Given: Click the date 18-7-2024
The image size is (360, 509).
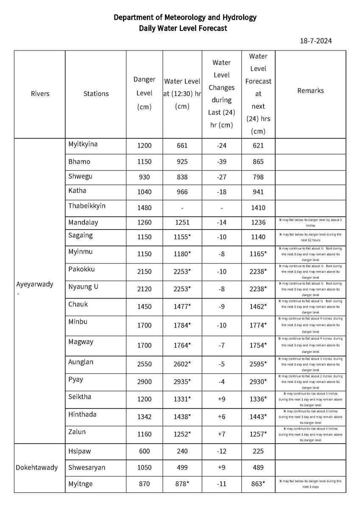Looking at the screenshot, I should pos(315,41).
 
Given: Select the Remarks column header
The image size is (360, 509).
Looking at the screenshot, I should pos(310,91).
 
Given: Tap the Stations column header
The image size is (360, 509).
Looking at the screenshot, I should pos(96,94).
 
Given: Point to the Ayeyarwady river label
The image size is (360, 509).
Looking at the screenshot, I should pos(35,284).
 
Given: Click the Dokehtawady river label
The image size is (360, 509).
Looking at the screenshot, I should pos(37,467).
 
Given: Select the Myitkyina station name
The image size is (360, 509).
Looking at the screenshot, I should pos(83,144).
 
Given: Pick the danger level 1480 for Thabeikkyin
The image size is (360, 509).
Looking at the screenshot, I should pos(144,208).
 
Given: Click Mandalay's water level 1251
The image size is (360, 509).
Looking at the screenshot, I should pos(182,223).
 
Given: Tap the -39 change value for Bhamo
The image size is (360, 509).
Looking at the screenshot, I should pos(221,162).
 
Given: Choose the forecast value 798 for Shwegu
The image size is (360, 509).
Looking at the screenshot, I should pos(258,177).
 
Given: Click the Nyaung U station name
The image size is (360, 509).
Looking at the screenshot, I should pos(84,287).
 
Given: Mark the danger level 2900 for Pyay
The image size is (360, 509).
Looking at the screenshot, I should pos(144,382).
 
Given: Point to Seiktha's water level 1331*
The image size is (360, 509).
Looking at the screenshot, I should pos(182,399).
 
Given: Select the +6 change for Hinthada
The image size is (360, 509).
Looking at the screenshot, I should pos(221,417).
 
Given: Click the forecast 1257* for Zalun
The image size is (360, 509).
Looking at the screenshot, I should pos(258,434).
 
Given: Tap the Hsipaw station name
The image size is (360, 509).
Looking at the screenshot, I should pos(80,451).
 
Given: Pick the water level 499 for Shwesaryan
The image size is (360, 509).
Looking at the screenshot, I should pos(182,467).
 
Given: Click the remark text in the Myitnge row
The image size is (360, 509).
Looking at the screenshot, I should pos(310,484).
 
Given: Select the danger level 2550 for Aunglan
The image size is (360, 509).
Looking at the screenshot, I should pos(144,364).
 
